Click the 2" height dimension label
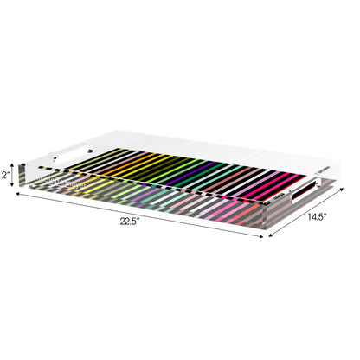(x=6, y=175)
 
